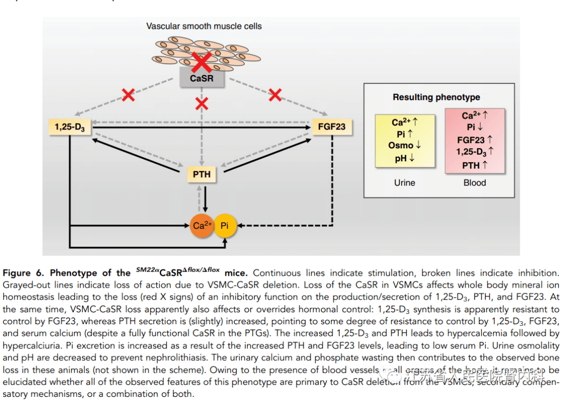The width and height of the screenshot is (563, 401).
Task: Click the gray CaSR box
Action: pos(201,78)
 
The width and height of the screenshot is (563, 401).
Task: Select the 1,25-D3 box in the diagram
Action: pos(69,127)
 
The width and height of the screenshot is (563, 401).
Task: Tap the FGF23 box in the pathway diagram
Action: pos(332,126)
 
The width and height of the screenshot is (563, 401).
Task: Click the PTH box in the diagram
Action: pos(201,174)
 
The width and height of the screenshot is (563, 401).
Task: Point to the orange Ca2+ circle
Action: pos(202,226)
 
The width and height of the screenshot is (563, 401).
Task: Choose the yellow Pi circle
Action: pos(225,226)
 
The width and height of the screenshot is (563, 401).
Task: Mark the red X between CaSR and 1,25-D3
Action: pos(128,95)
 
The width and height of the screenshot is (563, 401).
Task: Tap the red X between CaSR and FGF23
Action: pos(275,95)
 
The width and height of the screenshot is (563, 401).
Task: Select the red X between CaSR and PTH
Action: pos(201,104)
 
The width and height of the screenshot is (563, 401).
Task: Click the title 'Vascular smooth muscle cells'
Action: pos(204,26)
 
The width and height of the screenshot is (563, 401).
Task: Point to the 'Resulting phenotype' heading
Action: pos(436,97)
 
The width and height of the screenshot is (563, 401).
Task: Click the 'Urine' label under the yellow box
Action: pos(405,183)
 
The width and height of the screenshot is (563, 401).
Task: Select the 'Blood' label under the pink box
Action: pos(474,183)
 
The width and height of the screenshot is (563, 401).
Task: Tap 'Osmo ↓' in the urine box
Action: pos(405,146)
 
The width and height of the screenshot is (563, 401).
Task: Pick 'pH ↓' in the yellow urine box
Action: pos(405,158)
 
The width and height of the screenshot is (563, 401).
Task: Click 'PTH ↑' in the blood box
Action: pos(474,166)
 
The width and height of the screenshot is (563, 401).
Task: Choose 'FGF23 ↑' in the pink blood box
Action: pos(474,140)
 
